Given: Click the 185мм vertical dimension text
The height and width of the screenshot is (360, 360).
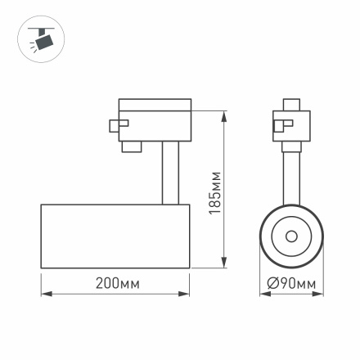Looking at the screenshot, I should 215,192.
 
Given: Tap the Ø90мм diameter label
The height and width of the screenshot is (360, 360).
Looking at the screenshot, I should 292,284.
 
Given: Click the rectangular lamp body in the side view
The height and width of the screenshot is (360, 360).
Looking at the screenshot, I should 115,235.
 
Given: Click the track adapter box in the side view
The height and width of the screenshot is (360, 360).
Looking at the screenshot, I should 155,124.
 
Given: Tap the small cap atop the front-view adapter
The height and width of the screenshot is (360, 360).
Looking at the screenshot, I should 291,105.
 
